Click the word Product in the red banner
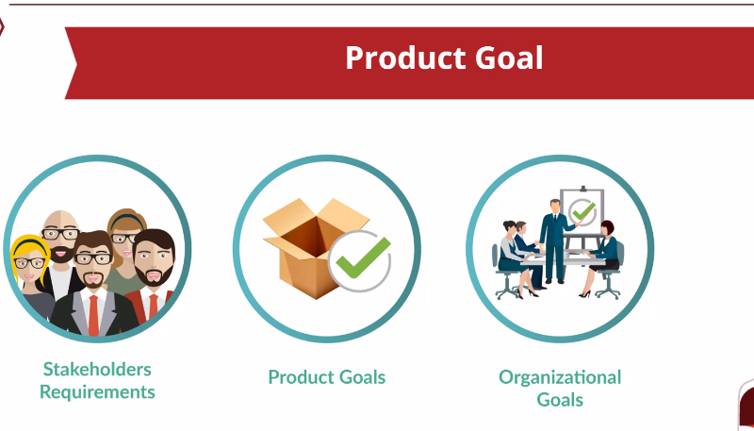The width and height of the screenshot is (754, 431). pyautogui.click(x=405, y=58)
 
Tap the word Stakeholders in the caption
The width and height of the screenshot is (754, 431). pyautogui.click(x=97, y=369)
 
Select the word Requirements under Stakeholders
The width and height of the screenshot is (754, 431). pyautogui.click(x=97, y=392)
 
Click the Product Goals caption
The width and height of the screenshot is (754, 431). pyautogui.click(x=326, y=377)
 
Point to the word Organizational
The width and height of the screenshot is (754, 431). pyautogui.click(x=560, y=377)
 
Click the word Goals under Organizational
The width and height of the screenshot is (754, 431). pyautogui.click(x=560, y=400)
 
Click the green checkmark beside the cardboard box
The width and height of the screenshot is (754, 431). pyautogui.click(x=363, y=257)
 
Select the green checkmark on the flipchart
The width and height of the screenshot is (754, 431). pyautogui.click(x=583, y=210)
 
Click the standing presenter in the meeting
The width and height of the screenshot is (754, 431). pyautogui.click(x=555, y=240)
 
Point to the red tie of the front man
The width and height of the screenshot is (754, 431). pyautogui.click(x=93, y=315)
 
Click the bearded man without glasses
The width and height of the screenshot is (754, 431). pyautogui.click(x=153, y=274)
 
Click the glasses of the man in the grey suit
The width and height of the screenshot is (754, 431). pyautogui.click(x=93, y=259)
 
